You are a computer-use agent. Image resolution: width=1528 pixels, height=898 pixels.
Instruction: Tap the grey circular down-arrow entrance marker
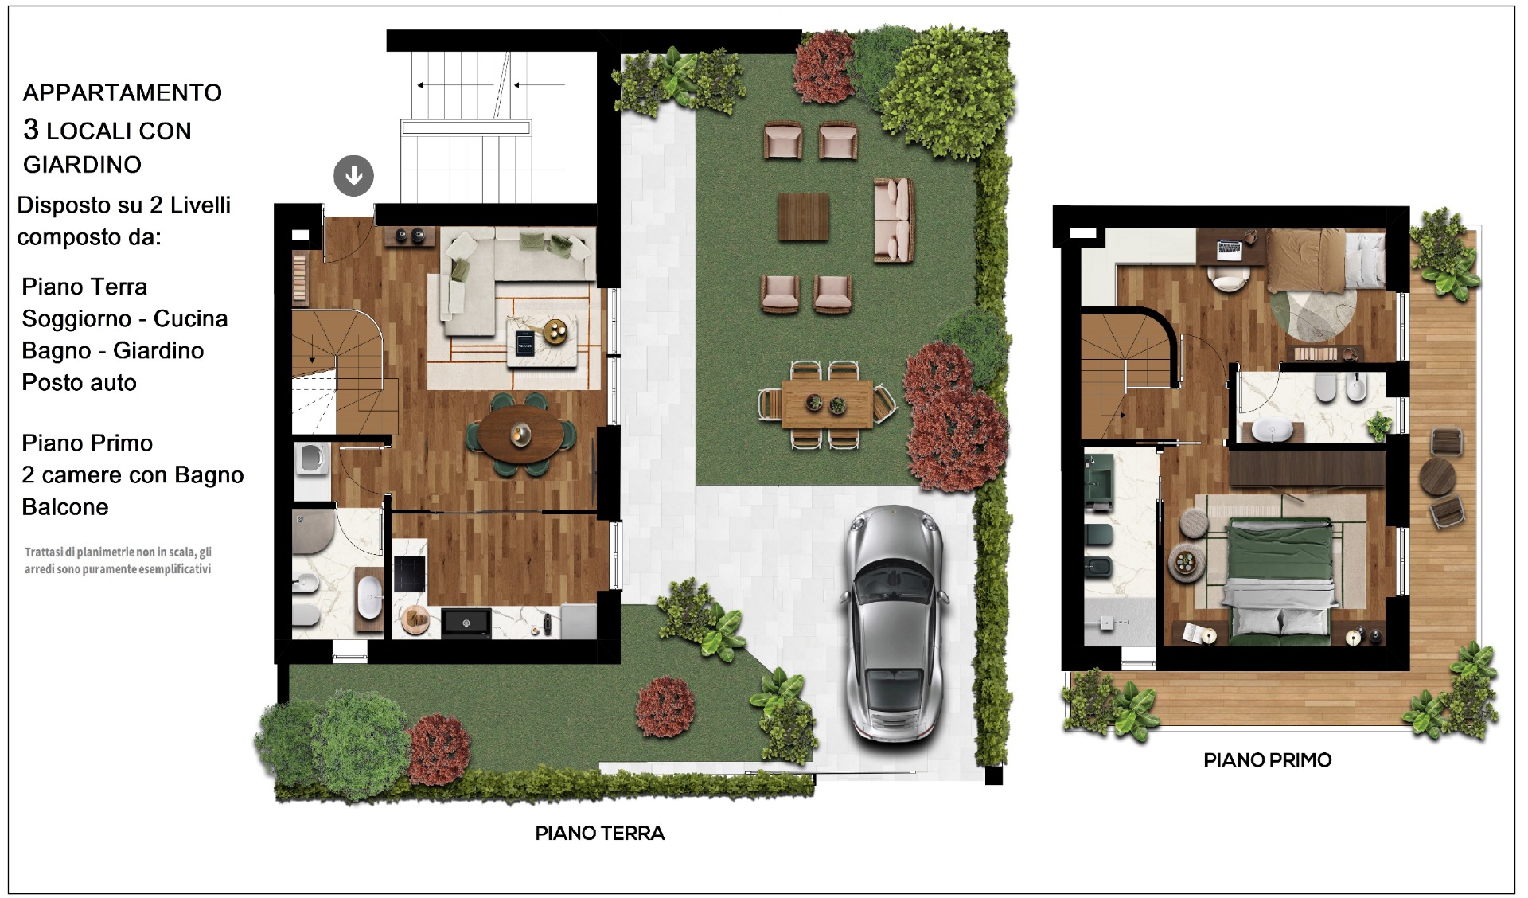click(353, 175)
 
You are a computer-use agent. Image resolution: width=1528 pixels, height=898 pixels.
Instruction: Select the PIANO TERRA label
click(599, 834)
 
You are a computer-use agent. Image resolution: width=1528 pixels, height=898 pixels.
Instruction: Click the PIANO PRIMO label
click(1267, 760)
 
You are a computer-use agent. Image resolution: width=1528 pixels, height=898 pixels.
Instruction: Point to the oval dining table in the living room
click(521, 434)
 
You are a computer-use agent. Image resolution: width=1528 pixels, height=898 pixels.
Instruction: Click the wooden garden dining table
click(827, 404)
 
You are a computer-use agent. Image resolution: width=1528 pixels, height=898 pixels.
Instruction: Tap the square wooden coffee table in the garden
click(804, 217)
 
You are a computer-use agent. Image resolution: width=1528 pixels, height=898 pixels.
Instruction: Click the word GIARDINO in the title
click(82, 164)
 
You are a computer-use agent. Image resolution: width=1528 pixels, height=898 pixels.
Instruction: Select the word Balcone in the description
click(65, 507)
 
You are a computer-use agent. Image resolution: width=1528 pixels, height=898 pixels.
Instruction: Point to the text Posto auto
click(79, 383)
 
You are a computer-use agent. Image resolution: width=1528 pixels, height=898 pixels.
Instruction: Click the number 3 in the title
click(31, 129)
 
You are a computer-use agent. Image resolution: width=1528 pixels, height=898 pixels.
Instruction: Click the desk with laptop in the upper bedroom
click(1230, 246)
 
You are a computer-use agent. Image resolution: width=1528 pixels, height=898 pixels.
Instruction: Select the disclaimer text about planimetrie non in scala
click(118, 560)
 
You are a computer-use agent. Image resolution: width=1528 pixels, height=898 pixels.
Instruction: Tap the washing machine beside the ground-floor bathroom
click(311, 459)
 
